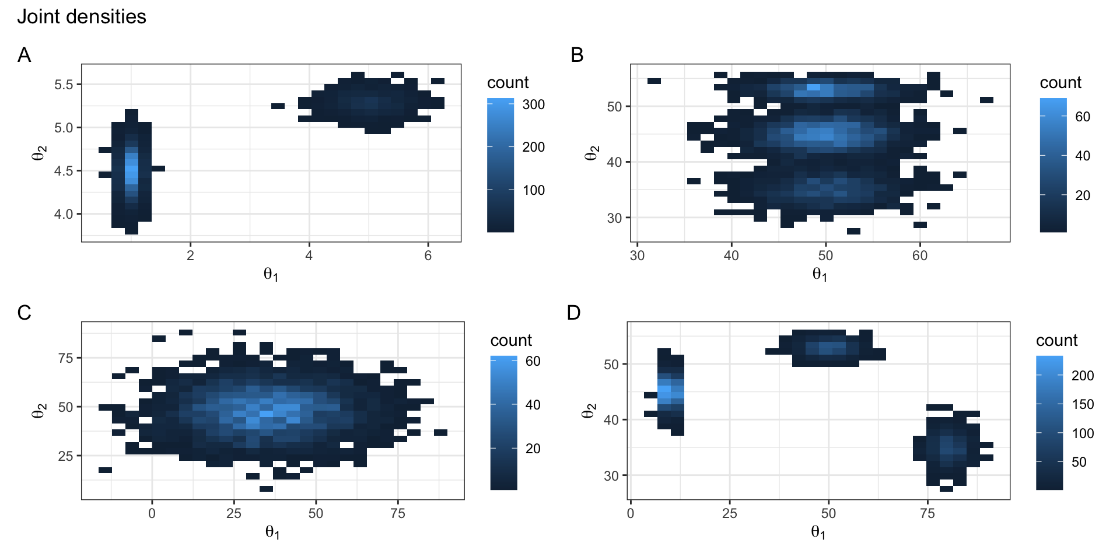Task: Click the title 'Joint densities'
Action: click(x=82, y=16)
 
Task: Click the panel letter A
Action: click(x=24, y=55)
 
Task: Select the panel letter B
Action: click(x=577, y=55)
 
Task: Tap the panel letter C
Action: click(x=24, y=313)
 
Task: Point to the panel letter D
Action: click(x=573, y=313)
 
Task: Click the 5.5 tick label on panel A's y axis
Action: click(x=64, y=85)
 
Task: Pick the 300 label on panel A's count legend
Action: click(x=533, y=104)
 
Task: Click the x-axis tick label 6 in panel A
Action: click(x=428, y=256)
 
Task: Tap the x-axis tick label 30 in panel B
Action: click(x=637, y=256)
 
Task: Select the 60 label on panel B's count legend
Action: click(x=1083, y=117)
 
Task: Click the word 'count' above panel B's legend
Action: click(x=1060, y=83)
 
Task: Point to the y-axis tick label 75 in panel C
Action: click(x=65, y=358)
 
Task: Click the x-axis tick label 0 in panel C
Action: click(x=152, y=513)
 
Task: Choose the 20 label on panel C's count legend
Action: click(x=533, y=449)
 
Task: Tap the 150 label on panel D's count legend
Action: click(x=1083, y=404)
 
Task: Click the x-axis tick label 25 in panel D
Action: click(x=729, y=513)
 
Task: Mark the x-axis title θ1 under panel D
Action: click(x=818, y=532)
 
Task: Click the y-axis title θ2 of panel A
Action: click(x=38, y=153)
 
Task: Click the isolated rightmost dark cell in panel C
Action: click(x=441, y=432)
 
